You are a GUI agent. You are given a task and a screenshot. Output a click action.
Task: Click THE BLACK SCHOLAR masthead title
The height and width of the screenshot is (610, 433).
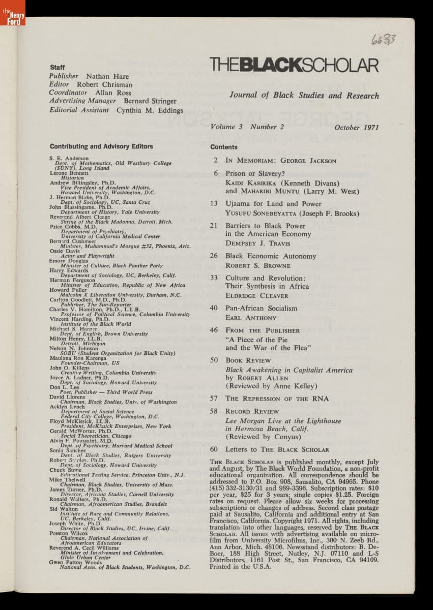294,66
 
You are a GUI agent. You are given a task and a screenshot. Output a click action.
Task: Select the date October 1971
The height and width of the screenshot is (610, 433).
357,128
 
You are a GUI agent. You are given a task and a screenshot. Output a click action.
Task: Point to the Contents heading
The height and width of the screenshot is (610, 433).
224,147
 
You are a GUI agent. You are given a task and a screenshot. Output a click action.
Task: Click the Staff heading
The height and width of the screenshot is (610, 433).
57,68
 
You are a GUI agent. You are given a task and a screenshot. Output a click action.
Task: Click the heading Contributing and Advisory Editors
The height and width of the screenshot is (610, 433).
101,146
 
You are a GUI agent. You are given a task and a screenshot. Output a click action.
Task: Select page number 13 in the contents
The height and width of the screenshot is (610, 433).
214,204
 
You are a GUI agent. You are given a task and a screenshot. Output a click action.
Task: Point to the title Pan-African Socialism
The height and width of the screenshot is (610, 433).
261,308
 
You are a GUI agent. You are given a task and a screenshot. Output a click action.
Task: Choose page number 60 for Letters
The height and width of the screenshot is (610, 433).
214,449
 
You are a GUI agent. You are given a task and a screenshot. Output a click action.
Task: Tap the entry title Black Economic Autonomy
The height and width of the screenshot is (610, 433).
271,256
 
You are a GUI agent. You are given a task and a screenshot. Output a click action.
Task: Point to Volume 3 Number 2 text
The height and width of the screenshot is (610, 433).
247,127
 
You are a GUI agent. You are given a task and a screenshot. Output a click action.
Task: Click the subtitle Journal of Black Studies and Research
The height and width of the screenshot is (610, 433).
304,95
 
